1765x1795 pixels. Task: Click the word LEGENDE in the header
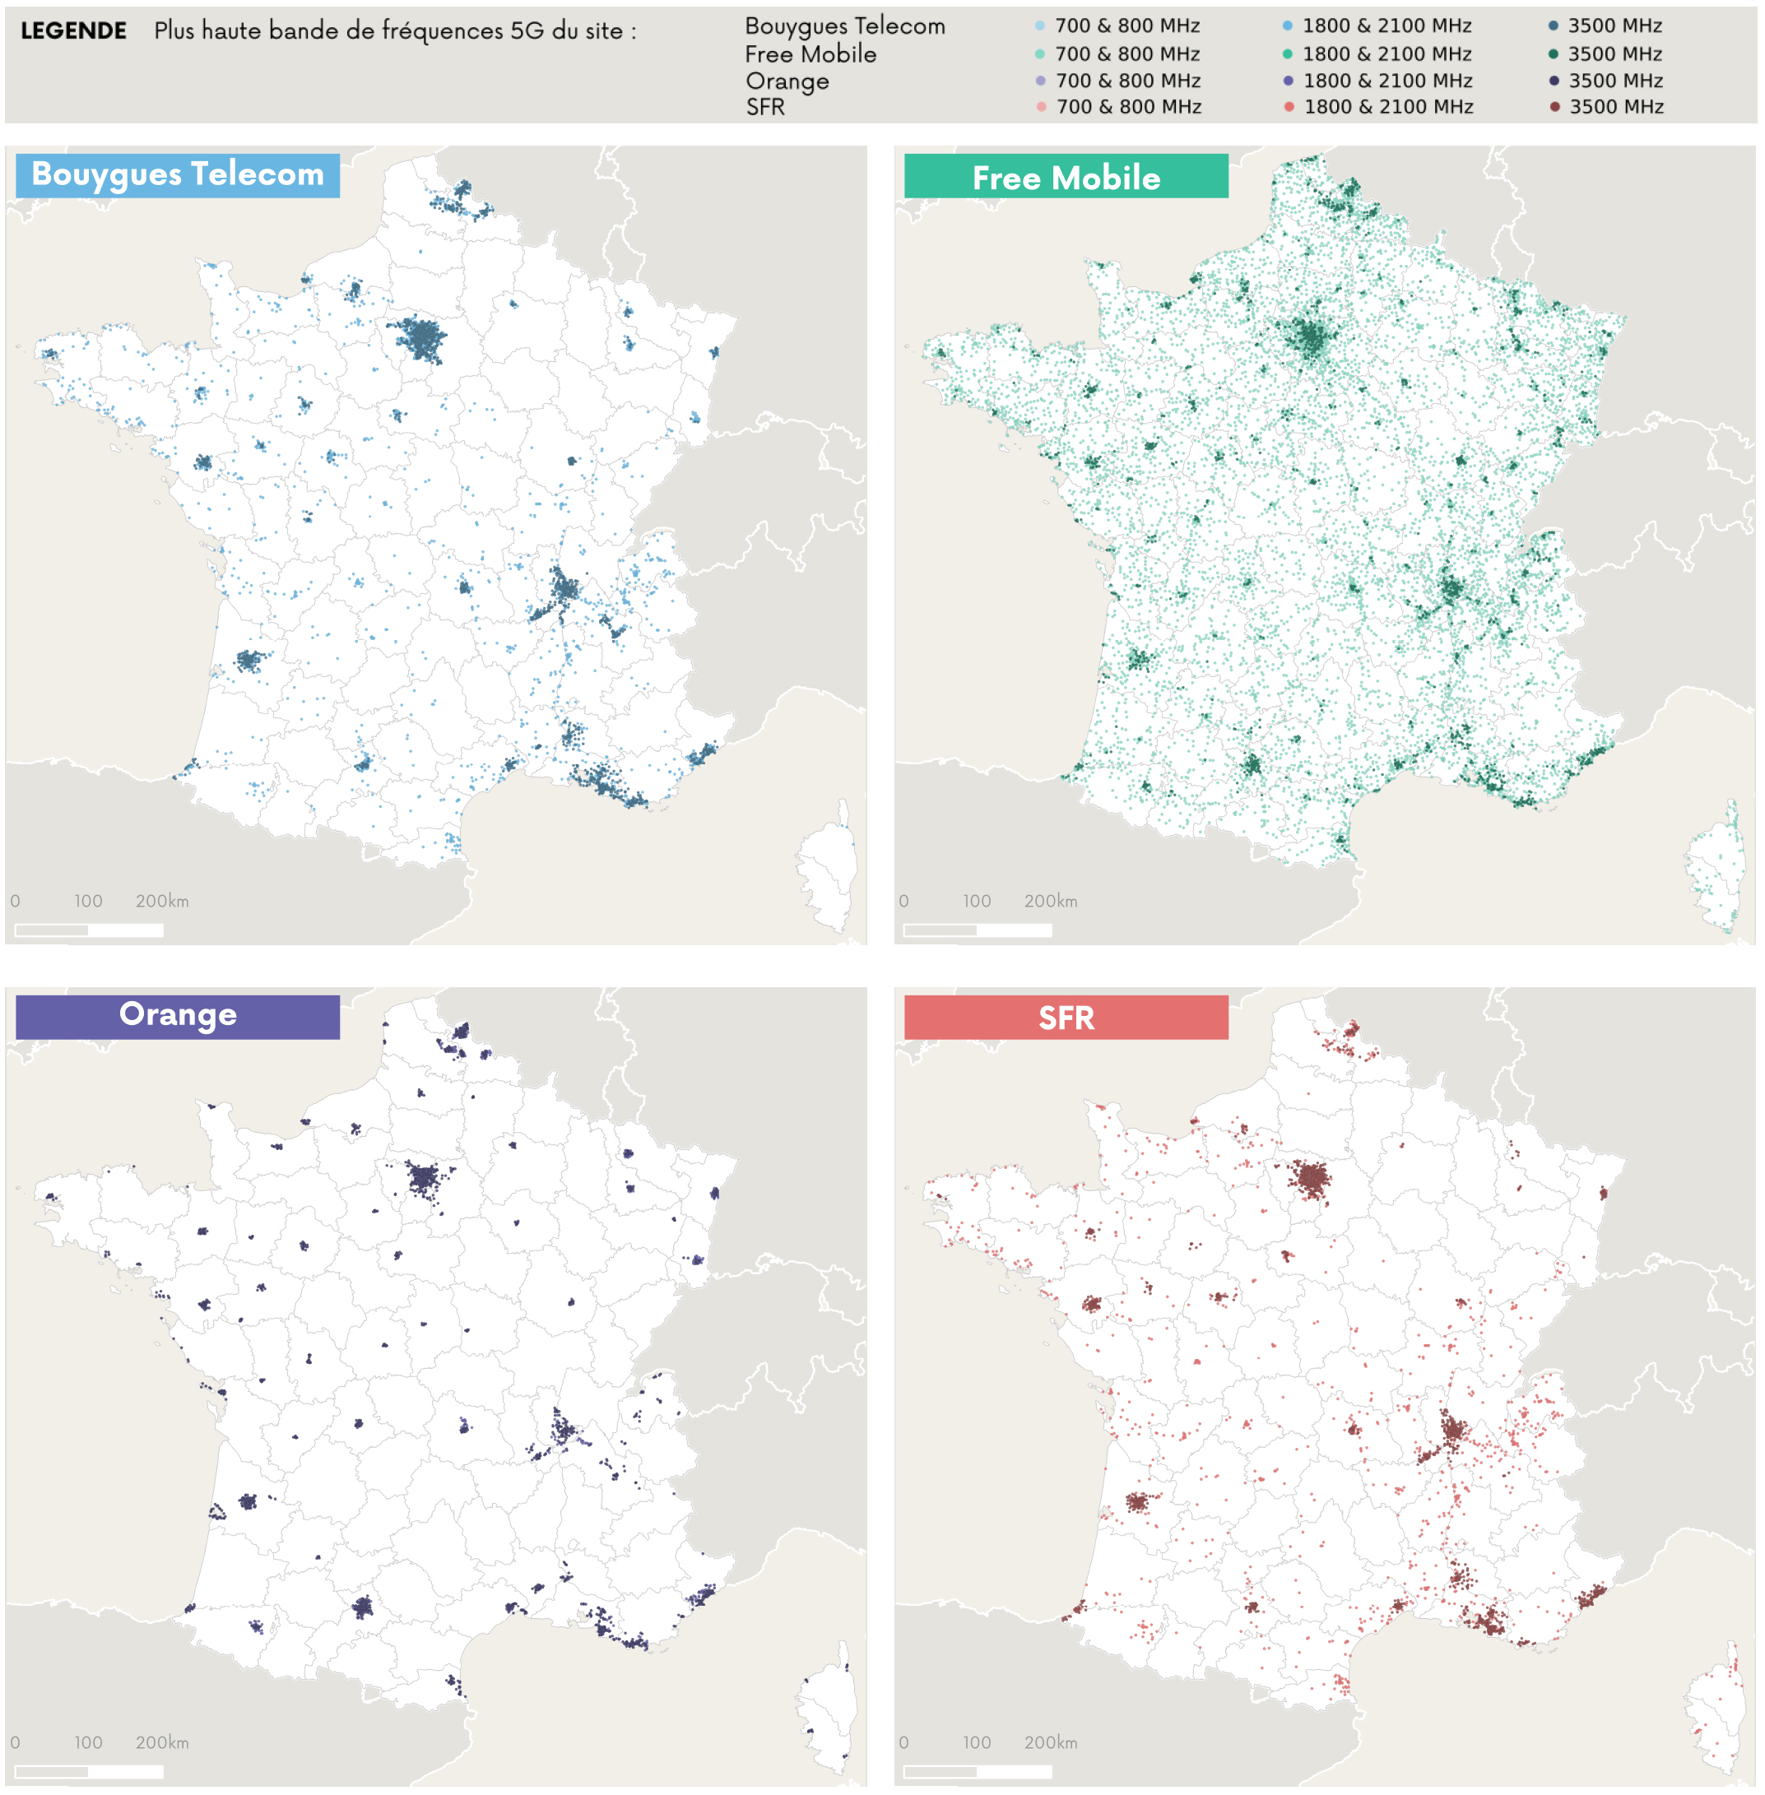(73, 30)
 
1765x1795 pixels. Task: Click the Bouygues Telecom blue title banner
(177, 175)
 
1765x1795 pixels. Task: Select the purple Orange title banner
(177, 1016)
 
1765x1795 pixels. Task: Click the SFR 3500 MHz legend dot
(1554, 107)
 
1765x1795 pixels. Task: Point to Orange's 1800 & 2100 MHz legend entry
(1378, 81)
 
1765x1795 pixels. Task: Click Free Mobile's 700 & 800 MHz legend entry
(1118, 53)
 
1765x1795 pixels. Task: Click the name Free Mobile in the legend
(811, 53)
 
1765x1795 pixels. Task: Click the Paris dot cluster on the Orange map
(424, 1178)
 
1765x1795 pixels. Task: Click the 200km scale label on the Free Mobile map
(1050, 901)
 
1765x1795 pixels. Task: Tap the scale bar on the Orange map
(89, 1771)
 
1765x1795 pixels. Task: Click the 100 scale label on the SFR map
(976, 1742)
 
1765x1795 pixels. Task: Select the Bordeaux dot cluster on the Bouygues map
(248, 661)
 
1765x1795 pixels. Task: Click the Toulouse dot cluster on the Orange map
(362, 1607)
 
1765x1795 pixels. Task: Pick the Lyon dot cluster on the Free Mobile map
(1451, 587)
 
